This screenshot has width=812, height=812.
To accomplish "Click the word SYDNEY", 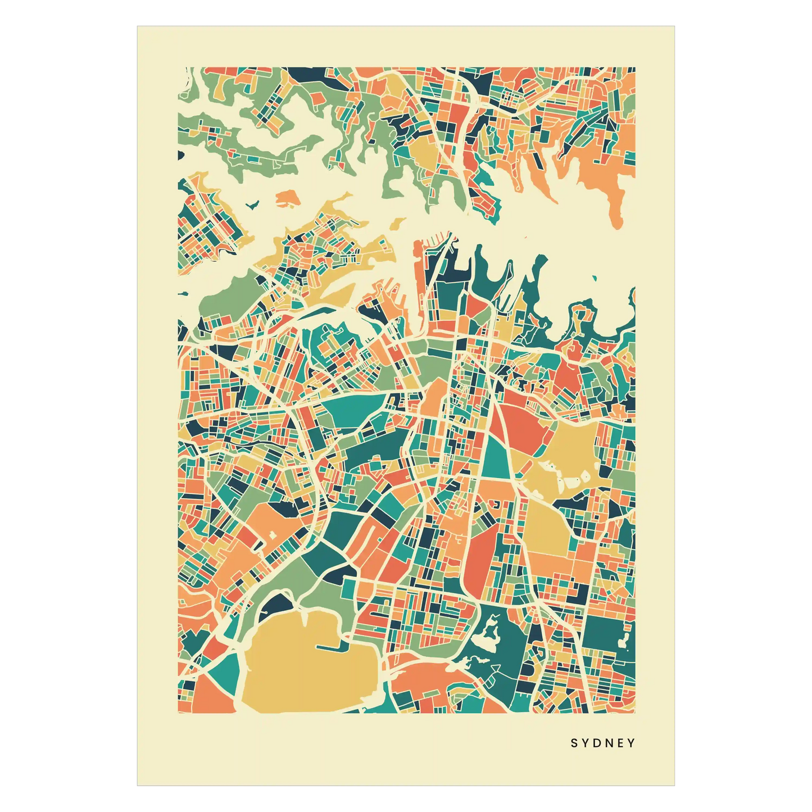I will (x=603, y=743).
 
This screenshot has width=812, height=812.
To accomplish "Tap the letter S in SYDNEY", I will (x=574, y=743).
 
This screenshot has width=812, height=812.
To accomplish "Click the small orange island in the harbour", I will (x=287, y=198).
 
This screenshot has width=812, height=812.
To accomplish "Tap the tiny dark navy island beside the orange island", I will (x=253, y=205).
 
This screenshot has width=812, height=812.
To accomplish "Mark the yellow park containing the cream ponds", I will (x=568, y=461).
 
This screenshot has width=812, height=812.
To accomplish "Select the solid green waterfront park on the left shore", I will (x=225, y=298).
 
